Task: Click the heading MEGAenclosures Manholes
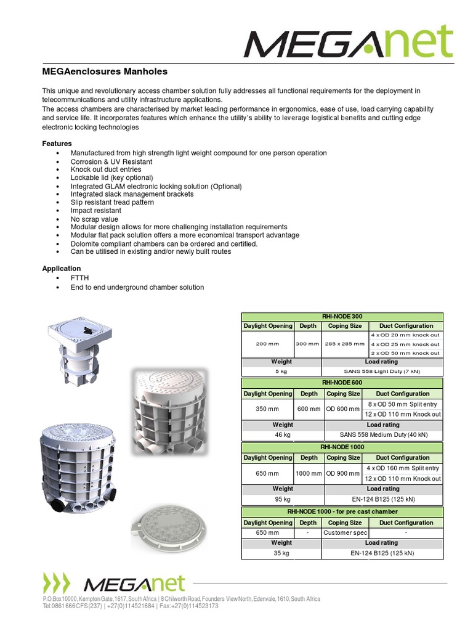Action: pos(104,71)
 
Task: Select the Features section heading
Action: pos(57,143)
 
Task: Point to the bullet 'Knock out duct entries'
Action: pos(106,169)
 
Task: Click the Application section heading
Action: pos(61,268)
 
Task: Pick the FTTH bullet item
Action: pos(79,279)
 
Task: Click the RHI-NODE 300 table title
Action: pos(342,316)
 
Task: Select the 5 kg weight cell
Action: pos(281,372)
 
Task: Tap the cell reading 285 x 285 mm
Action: pos(345,344)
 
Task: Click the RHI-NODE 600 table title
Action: pos(342,383)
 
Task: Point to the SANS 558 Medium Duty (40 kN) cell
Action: pos(382,434)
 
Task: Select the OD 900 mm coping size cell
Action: pos(343,473)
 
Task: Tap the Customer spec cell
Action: pos(346,532)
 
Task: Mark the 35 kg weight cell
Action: pos(281,553)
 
